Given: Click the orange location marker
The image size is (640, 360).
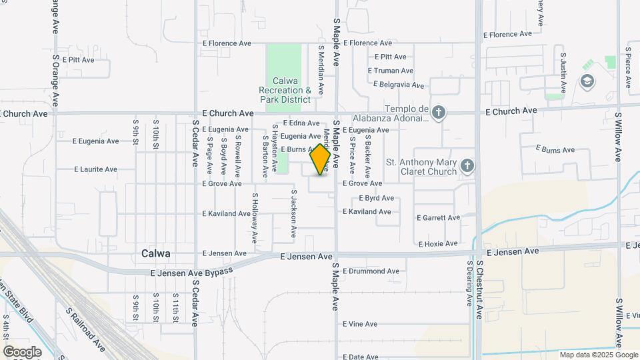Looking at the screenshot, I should (x=321, y=160).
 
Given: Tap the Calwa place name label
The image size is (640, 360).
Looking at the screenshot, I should (x=156, y=253).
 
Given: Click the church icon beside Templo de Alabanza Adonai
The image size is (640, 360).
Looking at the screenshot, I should (x=438, y=112).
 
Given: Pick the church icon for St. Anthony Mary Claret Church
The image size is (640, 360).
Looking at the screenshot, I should (x=468, y=165).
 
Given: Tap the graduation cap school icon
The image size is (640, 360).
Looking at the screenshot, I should (x=587, y=82).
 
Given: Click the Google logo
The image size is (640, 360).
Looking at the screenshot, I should (x=22, y=352).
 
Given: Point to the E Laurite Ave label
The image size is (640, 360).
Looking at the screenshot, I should (x=95, y=169).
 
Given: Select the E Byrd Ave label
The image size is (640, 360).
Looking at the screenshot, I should (x=377, y=198).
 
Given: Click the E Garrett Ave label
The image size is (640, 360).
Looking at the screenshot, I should (x=438, y=218).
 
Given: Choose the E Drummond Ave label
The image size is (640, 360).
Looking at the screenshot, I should (x=371, y=271).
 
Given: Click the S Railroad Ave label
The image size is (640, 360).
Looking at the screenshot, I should (x=85, y=329).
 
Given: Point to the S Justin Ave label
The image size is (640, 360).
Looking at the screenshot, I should (x=563, y=73).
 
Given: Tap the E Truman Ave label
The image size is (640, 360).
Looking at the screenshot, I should (x=391, y=71).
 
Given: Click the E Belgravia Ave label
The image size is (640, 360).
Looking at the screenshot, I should (x=399, y=85).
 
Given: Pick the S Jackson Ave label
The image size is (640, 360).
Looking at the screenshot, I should (x=293, y=214).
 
